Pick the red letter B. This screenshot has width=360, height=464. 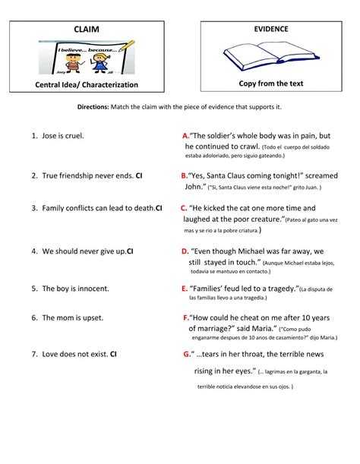tap(185, 174)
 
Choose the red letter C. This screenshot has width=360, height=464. tap(184, 207)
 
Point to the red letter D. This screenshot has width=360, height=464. tap(185, 251)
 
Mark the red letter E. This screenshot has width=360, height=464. tap(185, 289)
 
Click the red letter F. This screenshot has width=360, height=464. tap(186, 317)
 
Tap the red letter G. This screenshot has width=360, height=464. tap(187, 354)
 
